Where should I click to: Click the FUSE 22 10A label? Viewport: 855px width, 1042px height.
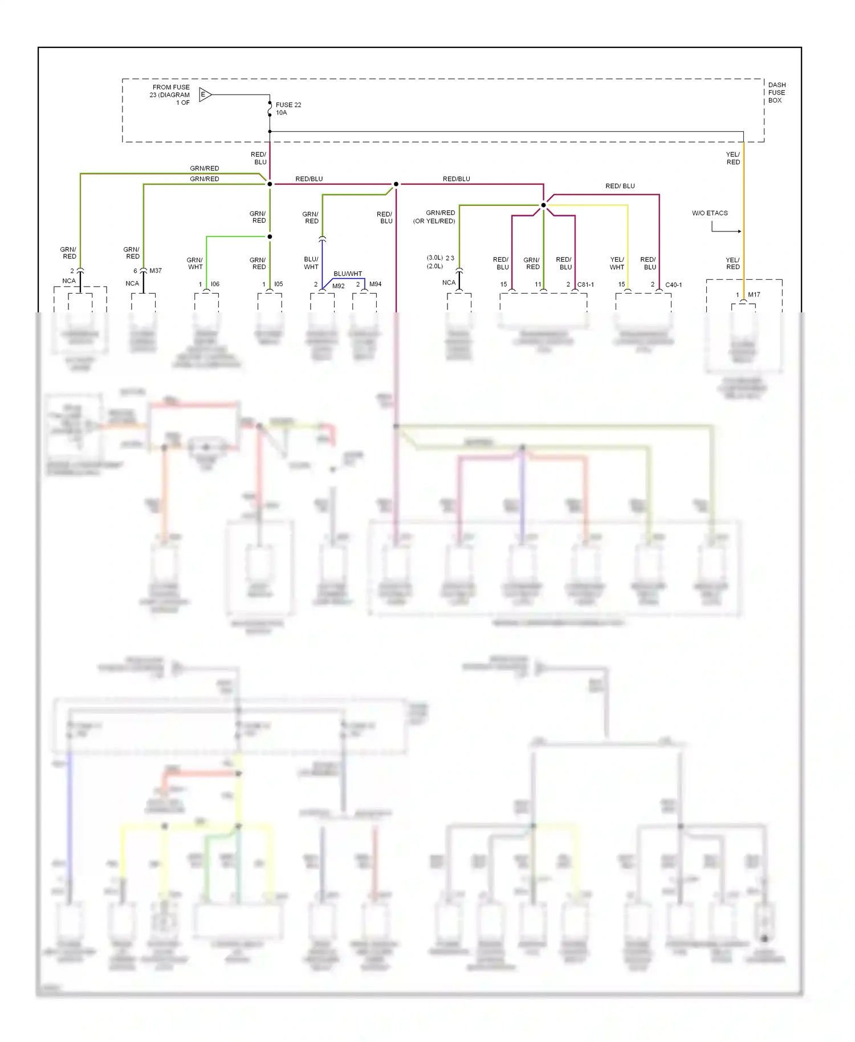tap(288, 109)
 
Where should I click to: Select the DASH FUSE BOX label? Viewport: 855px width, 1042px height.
tap(776, 92)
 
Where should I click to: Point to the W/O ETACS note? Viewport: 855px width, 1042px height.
tap(710, 213)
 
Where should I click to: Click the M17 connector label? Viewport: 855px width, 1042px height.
tap(754, 295)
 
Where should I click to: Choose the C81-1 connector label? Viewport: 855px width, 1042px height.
tap(585, 284)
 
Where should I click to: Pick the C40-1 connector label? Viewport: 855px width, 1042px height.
tap(673, 285)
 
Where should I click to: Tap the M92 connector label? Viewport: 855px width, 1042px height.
tap(339, 286)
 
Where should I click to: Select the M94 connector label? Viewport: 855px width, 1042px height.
tap(375, 284)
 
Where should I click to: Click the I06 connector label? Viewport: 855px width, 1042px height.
tap(215, 284)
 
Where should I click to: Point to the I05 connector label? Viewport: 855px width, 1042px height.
tap(278, 284)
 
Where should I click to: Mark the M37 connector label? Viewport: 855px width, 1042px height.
tap(156, 271)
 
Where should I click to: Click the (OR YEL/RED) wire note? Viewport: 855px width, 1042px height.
tap(434, 221)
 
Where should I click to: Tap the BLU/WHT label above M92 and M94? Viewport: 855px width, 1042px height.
tap(348, 274)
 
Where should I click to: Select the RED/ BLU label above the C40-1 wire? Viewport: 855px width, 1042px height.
tap(620, 186)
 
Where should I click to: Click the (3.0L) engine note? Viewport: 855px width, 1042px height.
tap(435, 258)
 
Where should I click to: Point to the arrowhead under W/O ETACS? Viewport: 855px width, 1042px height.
tap(739, 231)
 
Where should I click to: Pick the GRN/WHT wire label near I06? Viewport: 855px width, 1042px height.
tap(195, 263)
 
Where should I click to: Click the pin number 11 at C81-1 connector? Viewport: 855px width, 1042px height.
tap(538, 284)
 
